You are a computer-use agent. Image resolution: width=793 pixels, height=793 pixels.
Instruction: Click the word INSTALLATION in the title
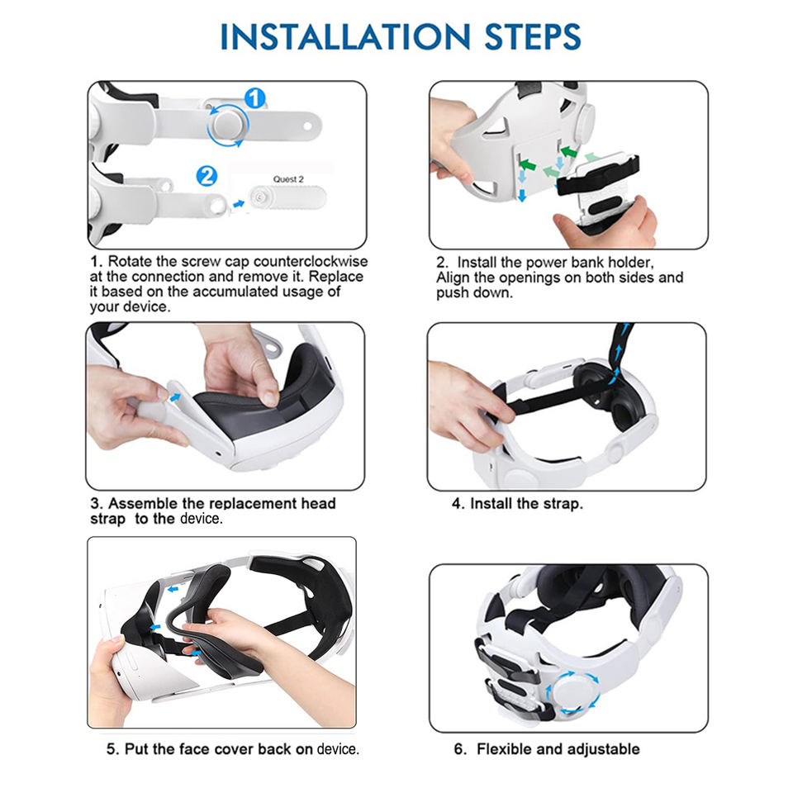pyautogui.click(x=345, y=37)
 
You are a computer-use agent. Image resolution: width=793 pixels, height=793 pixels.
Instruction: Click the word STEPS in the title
pyautogui.click(x=533, y=37)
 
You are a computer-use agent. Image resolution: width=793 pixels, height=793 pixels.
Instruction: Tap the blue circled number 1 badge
pyautogui.click(x=255, y=98)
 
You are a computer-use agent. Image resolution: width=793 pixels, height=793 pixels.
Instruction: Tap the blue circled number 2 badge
pyautogui.click(x=207, y=177)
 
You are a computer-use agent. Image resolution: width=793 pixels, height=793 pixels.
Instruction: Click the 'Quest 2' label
pyautogui.click(x=288, y=179)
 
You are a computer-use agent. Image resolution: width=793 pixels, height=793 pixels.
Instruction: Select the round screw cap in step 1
pyautogui.click(x=228, y=125)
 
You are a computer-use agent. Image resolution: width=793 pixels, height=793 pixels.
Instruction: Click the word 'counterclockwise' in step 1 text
pyautogui.click(x=311, y=262)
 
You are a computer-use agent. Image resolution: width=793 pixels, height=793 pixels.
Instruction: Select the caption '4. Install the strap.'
pyautogui.click(x=517, y=504)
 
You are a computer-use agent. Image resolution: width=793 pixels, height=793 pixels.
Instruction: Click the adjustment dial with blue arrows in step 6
pyautogui.click(x=572, y=693)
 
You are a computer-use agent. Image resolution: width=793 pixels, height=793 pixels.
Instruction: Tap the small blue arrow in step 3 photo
pyautogui.click(x=175, y=397)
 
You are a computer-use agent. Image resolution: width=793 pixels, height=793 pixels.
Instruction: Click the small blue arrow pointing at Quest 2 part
pyautogui.click(x=238, y=204)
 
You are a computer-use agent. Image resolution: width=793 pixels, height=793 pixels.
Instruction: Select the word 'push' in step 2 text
pyautogui.click(x=452, y=293)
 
